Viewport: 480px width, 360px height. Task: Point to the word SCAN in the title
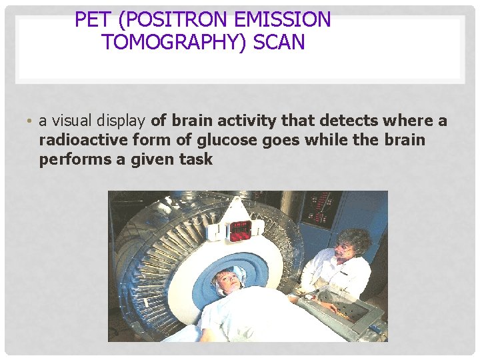click(x=279, y=42)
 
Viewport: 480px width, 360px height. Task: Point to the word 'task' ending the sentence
click(x=195, y=160)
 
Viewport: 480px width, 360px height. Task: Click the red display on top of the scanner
click(x=240, y=229)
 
